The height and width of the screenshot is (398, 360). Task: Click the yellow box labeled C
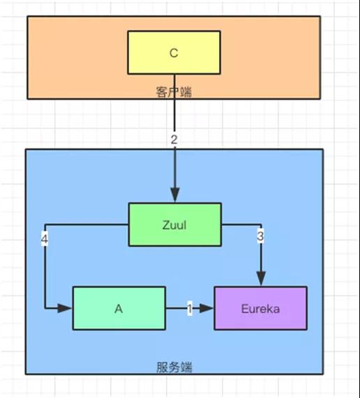tap(174, 52)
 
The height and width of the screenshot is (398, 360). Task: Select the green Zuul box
tap(174, 224)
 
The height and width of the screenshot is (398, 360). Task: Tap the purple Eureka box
tap(260, 308)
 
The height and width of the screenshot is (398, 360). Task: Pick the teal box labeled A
tap(119, 308)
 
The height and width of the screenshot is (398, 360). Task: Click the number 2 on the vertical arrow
tap(174, 139)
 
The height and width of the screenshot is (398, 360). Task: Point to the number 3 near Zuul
tap(260, 237)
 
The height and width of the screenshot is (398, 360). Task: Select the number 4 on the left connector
tap(45, 239)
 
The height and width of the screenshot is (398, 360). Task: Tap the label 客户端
tap(173, 91)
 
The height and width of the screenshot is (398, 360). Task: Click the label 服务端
tap(174, 366)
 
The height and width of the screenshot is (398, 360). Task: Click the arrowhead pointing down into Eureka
tap(261, 280)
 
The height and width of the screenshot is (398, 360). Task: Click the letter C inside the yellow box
tap(174, 52)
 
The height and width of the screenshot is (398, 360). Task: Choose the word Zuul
tap(174, 224)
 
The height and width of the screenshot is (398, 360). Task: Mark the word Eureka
tap(260, 308)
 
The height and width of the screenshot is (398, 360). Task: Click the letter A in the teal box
tap(119, 308)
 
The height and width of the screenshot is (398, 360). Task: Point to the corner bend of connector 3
tap(261, 224)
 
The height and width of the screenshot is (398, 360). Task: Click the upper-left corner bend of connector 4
tap(45, 224)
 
